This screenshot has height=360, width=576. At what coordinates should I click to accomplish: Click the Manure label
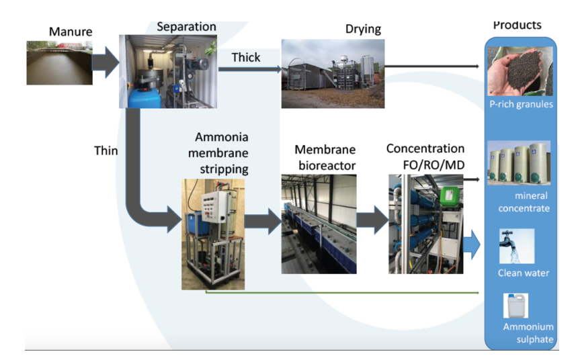71,32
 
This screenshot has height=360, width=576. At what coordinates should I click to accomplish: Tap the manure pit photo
60,63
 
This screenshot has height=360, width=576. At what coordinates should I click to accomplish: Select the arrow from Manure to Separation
106,62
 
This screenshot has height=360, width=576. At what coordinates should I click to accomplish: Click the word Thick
246,57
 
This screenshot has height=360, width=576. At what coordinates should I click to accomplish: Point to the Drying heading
363,29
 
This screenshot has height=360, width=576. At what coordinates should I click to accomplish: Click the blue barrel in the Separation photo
145,97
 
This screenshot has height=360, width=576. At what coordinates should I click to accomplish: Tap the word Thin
106,150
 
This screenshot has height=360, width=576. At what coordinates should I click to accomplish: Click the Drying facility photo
333,74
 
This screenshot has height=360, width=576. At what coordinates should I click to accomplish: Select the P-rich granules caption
521,105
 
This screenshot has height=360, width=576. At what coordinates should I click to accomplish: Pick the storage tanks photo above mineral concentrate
519,163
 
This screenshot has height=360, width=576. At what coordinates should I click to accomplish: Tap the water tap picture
517,246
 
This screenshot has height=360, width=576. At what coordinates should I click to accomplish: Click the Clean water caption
524,273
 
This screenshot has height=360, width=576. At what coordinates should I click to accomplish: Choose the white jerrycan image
516,306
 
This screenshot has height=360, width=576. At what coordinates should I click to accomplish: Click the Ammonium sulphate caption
528,333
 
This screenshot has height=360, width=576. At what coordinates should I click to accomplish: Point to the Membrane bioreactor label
325,157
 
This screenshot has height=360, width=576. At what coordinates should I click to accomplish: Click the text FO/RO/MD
434,165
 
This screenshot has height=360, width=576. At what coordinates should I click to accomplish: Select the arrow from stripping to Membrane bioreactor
263,222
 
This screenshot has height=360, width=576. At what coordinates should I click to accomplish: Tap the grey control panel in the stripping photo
215,208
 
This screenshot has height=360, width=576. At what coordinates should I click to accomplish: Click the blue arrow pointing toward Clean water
472,244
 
